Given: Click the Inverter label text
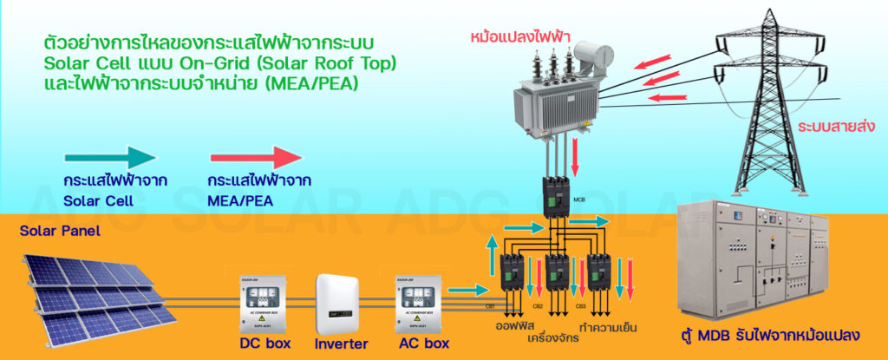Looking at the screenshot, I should click(x=341, y=344).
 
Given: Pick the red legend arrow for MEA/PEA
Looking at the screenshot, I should click(x=255, y=158).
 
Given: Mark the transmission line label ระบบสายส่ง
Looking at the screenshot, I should click(x=834, y=127).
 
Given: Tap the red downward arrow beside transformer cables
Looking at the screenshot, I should click(x=576, y=156).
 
